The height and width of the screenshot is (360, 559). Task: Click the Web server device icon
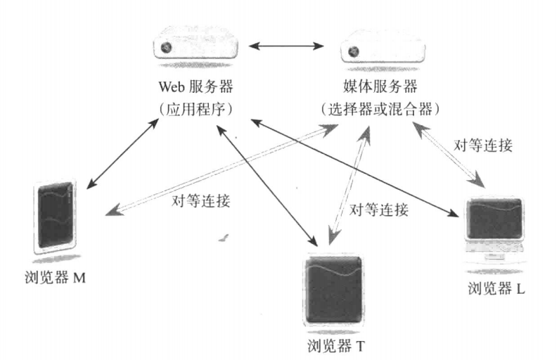[x=200, y=47]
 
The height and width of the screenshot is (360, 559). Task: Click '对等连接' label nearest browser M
[x=201, y=200]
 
